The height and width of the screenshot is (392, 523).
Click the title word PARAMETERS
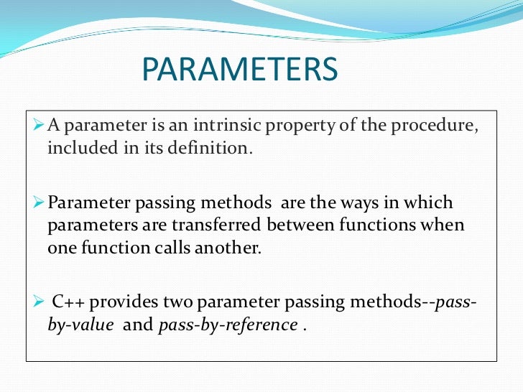pyautogui.click(x=239, y=70)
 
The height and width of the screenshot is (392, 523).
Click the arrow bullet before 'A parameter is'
pyautogui.click(x=39, y=127)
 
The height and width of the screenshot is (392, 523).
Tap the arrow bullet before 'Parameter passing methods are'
pyautogui.click(x=39, y=203)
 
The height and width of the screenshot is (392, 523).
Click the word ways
pyautogui.click(x=350, y=203)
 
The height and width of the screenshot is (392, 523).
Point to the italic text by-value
pyautogui.click(x=80, y=324)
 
